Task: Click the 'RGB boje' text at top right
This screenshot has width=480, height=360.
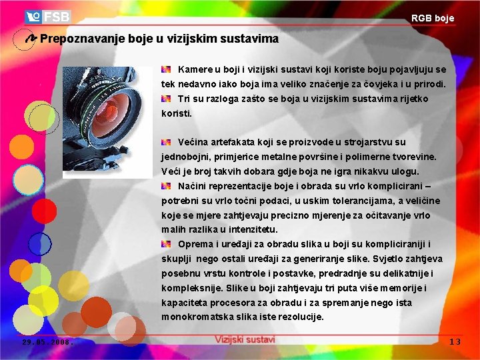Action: click(x=432, y=18)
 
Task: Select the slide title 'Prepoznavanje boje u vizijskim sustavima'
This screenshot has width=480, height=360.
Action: click(x=159, y=39)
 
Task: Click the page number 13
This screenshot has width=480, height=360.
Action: click(x=455, y=341)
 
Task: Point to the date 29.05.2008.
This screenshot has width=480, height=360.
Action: click(x=45, y=341)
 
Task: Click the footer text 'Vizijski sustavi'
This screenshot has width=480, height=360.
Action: click(x=245, y=339)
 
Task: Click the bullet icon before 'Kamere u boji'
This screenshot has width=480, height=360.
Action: click(x=167, y=69)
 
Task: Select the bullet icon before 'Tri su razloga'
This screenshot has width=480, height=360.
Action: click(x=167, y=99)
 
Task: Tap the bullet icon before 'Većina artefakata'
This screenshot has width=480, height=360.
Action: click(x=167, y=142)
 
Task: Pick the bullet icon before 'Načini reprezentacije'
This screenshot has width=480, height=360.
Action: click(x=167, y=186)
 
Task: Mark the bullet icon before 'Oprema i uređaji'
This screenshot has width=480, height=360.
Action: click(x=167, y=244)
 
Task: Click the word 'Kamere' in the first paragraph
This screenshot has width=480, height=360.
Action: click(x=194, y=69)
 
